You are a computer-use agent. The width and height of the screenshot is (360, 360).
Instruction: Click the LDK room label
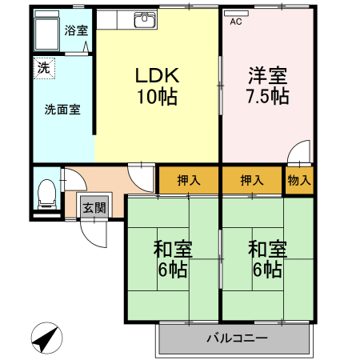click(x=156, y=76)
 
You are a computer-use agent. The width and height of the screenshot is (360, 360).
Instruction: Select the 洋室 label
click(x=266, y=76)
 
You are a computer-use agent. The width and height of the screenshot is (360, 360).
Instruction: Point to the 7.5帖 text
click(x=266, y=97)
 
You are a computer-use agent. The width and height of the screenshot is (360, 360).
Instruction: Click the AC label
click(x=236, y=22)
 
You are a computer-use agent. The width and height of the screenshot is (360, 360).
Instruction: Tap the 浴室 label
click(x=77, y=30)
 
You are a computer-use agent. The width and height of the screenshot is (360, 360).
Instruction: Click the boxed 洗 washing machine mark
click(x=42, y=68)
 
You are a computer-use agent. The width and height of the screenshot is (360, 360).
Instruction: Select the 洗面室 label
click(x=62, y=109)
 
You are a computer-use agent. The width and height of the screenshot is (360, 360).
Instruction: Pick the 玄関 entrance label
click(x=94, y=207)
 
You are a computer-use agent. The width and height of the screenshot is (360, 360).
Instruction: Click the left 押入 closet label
click(x=188, y=180)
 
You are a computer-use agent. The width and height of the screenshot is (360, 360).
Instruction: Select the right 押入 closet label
click(x=252, y=180)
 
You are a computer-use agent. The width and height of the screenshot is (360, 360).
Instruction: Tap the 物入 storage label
click(x=299, y=180)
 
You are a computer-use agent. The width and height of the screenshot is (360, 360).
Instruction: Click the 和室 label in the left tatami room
click(x=173, y=248)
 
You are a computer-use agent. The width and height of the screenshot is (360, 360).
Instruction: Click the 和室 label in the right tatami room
click(x=267, y=248)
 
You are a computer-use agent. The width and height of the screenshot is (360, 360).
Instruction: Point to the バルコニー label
click(x=235, y=338)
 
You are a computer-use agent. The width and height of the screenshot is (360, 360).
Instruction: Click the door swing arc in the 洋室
click(x=298, y=150)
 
